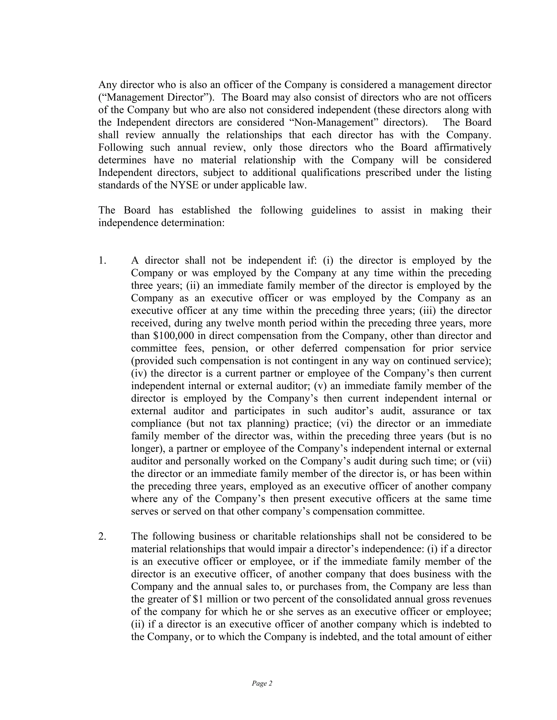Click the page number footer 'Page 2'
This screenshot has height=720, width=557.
(x=262, y=683)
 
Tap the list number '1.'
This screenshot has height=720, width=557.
(x=102, y=261)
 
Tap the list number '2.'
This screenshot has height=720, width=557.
(x=102, y=536)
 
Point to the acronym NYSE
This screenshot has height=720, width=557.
(x=184, y=185)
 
